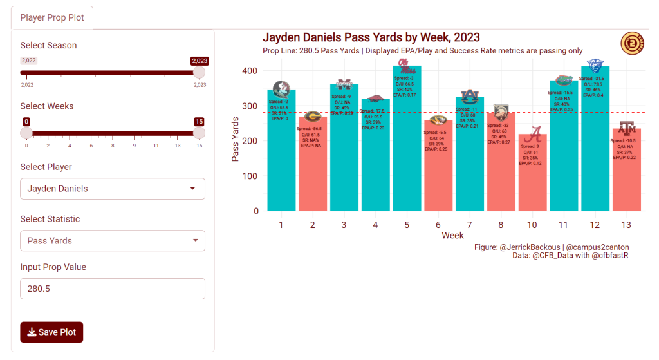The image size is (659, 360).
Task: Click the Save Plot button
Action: (51, 332)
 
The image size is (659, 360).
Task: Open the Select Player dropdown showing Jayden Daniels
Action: (113, 189)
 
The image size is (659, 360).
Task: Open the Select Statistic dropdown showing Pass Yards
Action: (113, 240)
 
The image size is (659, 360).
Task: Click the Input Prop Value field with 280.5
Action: (113, 289)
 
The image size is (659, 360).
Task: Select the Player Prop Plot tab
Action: (52, 17)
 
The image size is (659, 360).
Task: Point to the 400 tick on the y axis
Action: (250, 71)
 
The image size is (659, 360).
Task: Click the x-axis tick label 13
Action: (627, 225)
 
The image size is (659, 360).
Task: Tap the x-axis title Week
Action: (452, 236)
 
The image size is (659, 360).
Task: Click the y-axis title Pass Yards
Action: (236, 139)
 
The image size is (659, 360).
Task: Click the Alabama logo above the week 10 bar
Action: (533, 135)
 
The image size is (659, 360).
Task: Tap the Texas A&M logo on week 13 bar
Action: (627, 128)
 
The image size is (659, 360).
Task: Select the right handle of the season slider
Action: (200, 72)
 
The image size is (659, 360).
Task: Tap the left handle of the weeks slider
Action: (26, 133)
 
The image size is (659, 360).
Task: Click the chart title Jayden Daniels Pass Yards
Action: (371, 38)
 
